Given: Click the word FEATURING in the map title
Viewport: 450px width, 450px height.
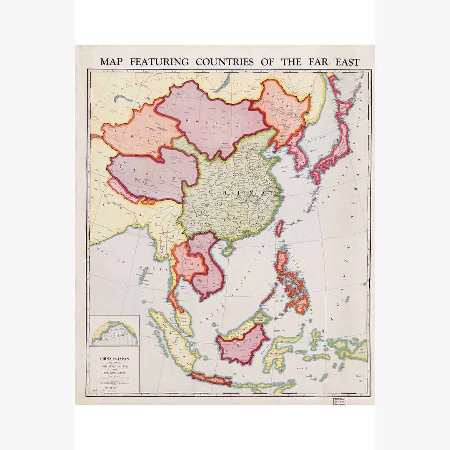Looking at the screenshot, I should [159, 62].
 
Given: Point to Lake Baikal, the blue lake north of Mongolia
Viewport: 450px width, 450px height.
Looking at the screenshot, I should [225, 81].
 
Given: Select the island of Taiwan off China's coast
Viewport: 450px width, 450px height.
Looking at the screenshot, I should [280, 228].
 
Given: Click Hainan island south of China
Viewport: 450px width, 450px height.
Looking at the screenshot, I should [228, 251].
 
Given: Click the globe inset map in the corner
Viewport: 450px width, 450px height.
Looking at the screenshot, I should [114, 331].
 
